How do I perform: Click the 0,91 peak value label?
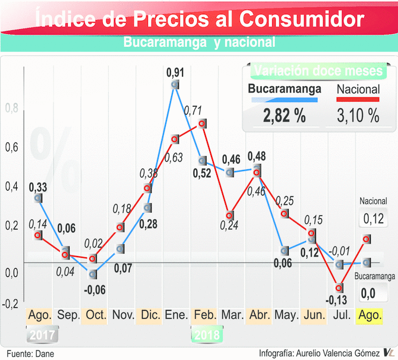tap(175, 73)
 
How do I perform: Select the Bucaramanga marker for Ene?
tap(175, 85)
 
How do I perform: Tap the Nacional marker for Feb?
tap(202, 124)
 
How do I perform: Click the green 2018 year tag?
tap(206, 334)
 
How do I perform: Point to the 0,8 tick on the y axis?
tap(11, 109)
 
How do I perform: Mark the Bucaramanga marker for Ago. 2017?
tap(39, 197)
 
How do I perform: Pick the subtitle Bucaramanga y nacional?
tap(199, 43)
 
